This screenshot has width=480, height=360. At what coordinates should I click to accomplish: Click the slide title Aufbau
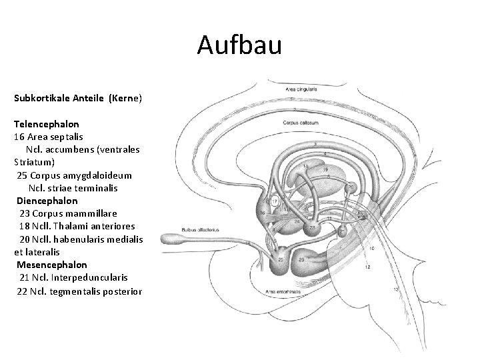pos(240,45)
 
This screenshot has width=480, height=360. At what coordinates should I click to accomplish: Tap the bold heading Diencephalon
pos(47,201)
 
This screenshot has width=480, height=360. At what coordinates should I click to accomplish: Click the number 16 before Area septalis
pos(19,137)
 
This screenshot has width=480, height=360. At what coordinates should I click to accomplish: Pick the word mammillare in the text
pos(93,213)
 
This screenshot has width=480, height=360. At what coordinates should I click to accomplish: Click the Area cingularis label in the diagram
pos(302,89)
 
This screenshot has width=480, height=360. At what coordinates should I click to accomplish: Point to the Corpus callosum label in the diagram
pos(297,123)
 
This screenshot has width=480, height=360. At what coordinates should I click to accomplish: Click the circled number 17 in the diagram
pos(273,201)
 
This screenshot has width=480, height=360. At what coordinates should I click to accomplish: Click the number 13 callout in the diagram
pos(396,289)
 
